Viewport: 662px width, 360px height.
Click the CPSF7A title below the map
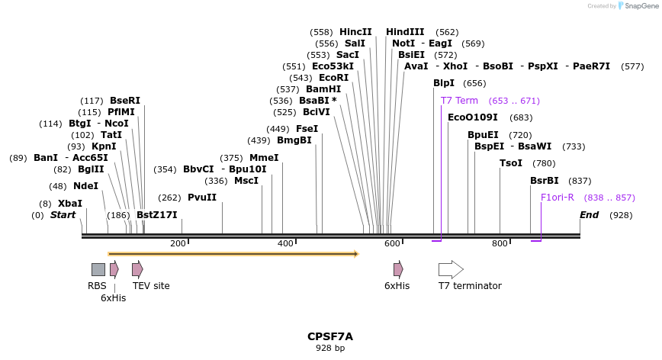click(330, 336)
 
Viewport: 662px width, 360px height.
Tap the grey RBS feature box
click(98, 269)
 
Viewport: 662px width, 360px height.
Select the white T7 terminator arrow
click(451, 269)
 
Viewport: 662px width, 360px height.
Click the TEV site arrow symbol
click(137, 269)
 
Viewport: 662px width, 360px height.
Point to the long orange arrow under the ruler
click(233, 253)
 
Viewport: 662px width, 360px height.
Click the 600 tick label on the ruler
click(392, 243)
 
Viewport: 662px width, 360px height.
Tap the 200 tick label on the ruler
click(178, 243)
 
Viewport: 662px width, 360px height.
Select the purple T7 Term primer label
click(459, 101)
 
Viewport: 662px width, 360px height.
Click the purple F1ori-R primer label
click(557, 198)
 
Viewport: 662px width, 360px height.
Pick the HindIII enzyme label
click(405, 32)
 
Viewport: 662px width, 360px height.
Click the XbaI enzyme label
click(70, 204)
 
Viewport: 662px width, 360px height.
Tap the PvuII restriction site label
click(202, 198)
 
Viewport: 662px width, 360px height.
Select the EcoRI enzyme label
click(333, 78)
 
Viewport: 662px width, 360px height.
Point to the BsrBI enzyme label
click(545, 181)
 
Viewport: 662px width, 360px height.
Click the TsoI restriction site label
click(511, 163)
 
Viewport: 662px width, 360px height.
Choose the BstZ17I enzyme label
click(157, 215)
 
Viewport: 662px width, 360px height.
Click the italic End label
click(589, 215)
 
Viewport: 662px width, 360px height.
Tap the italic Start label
click(63, 215)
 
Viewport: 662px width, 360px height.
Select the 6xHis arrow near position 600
click(398, 269)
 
